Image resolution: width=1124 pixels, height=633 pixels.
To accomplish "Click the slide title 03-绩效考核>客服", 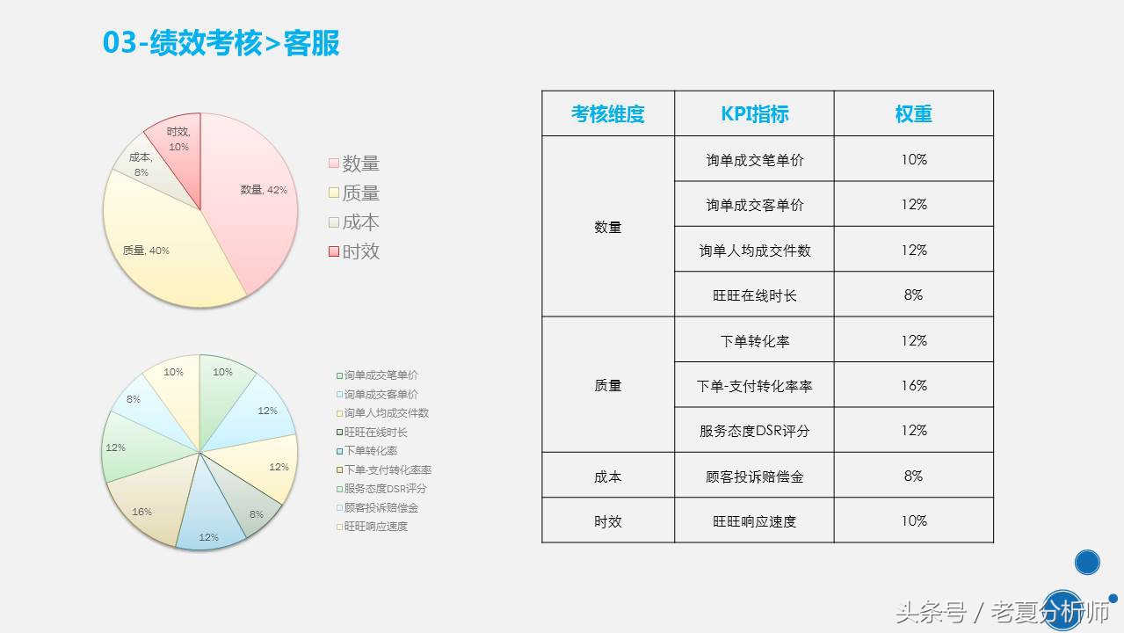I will [x=221, y=42].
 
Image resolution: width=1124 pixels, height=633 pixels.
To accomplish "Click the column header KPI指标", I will [x=754, y=113].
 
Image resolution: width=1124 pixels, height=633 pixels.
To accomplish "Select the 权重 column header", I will [x=913, y=113].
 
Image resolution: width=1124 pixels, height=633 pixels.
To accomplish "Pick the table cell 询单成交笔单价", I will [x=754, y=160].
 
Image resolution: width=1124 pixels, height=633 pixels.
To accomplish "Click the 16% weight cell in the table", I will [x=913, y=385].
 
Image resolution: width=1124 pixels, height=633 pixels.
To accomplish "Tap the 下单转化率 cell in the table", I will [x=754, y=340].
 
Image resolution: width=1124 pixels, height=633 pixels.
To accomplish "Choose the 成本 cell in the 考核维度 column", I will [x=607, y=476].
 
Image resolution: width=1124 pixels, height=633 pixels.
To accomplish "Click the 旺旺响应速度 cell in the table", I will [x=754, y=521].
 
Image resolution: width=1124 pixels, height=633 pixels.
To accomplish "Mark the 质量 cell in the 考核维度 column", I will [x=607, y=385].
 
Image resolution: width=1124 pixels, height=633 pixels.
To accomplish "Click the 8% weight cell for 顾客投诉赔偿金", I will [x=913, y=476].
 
